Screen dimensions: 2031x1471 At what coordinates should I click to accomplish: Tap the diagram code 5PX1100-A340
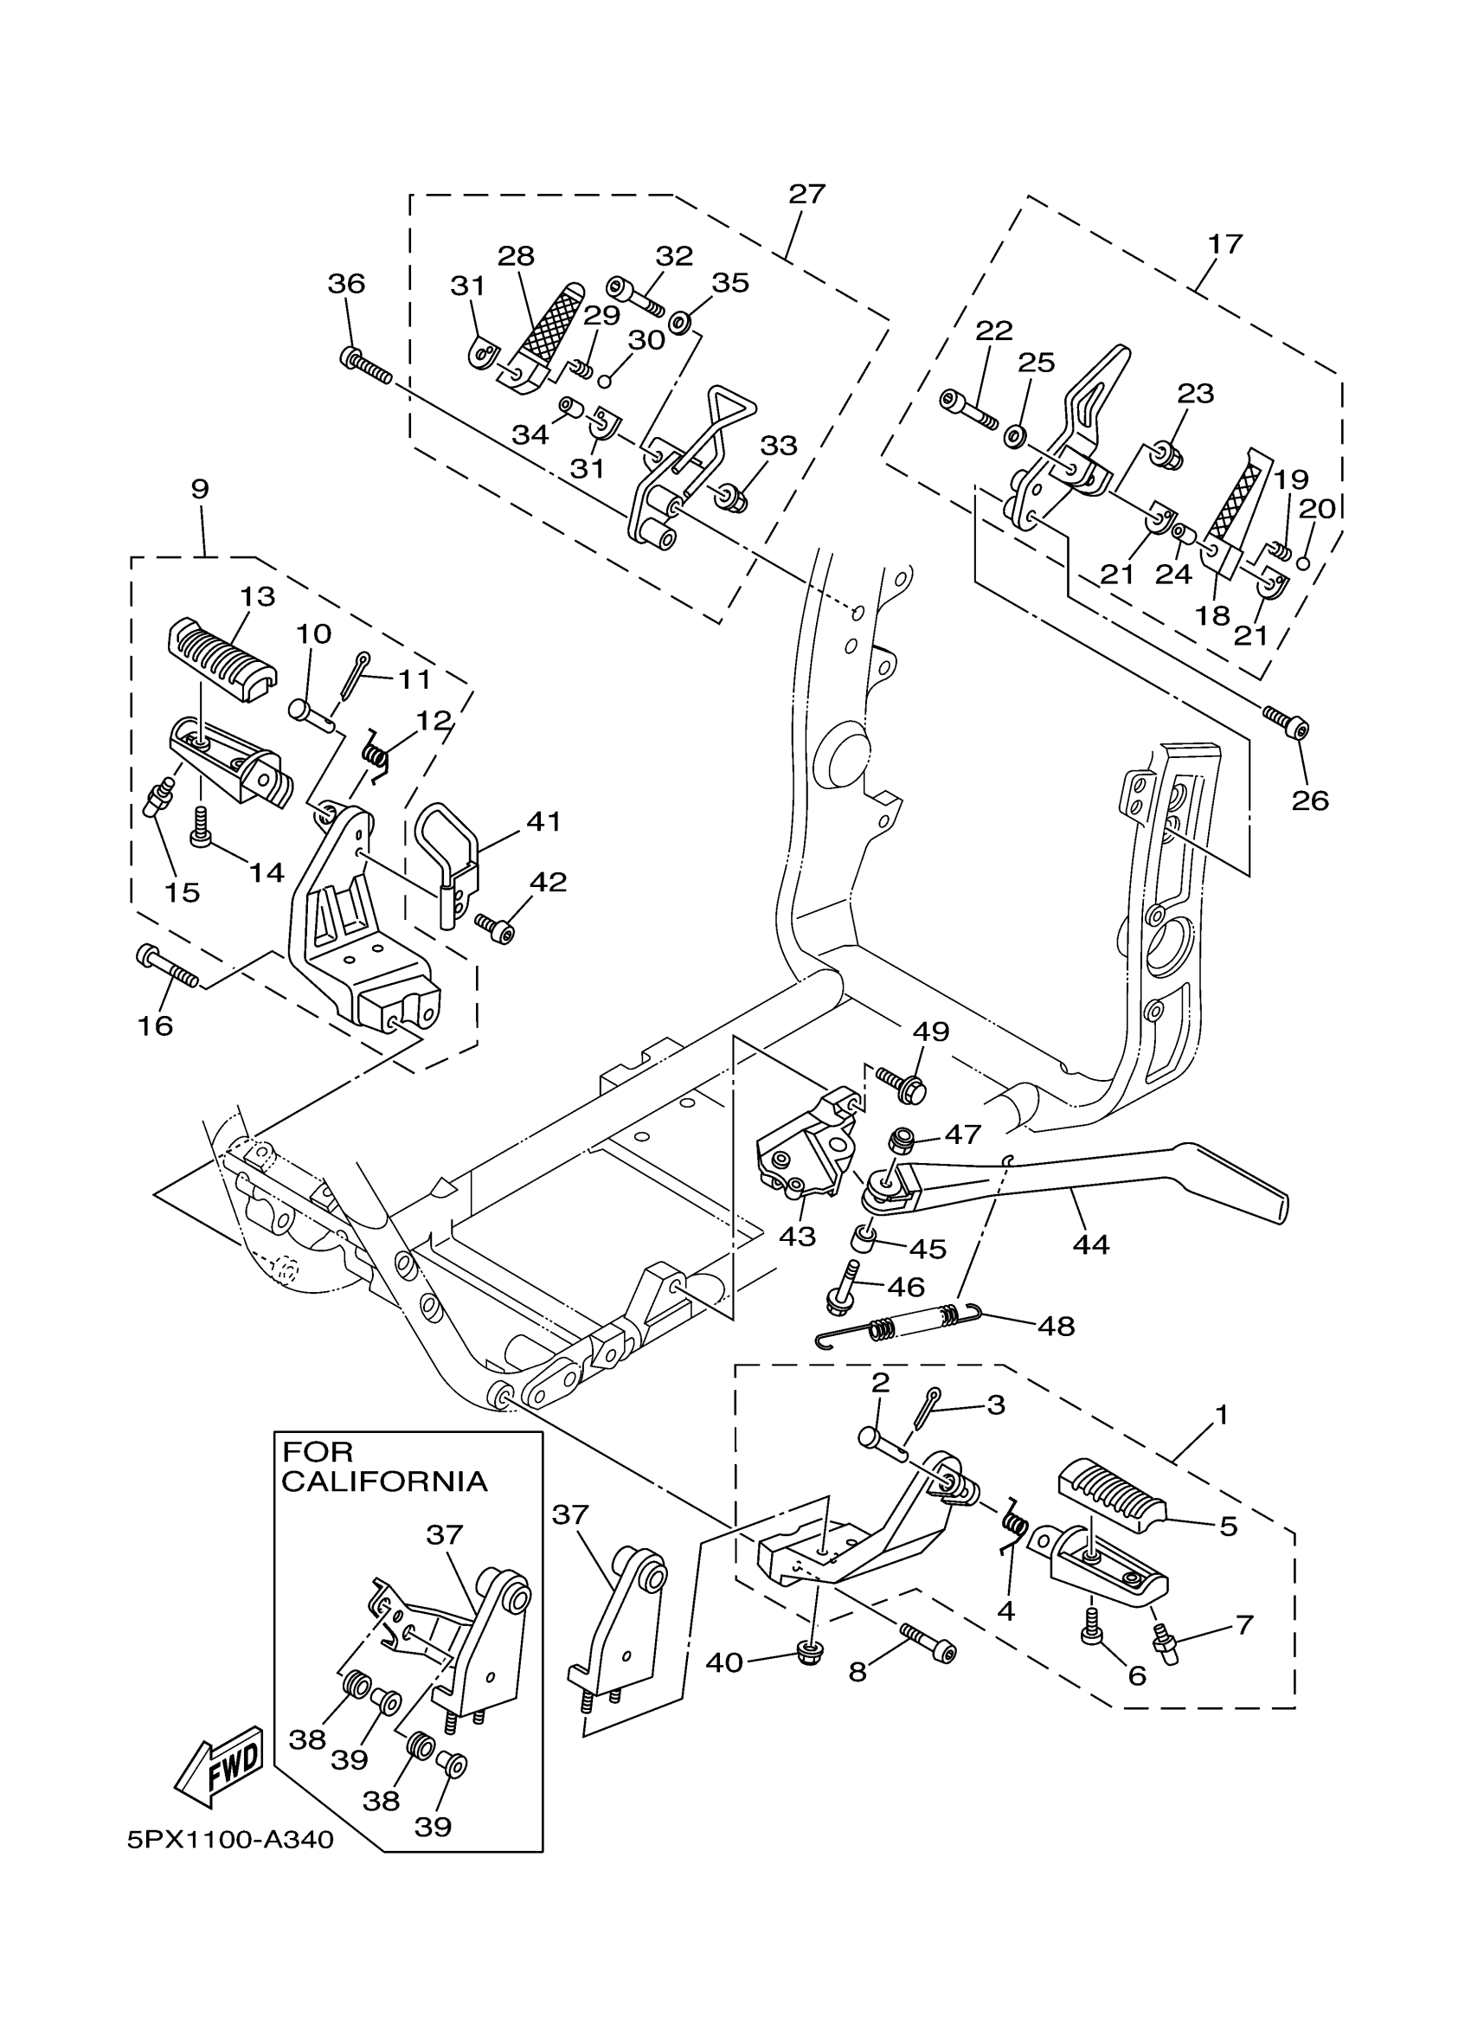[230, 1841]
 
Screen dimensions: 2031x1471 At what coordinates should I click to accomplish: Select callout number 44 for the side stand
[1090, 1244]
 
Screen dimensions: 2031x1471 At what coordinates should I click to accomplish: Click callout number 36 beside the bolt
[346, 284]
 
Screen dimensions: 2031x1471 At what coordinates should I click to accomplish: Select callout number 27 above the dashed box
[806, 194]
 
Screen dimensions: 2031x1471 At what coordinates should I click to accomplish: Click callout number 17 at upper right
[1224, 243]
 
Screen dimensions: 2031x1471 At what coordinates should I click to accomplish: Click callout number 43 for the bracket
[797, 1236]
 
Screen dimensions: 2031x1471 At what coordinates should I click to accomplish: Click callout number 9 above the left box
[200, 489]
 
